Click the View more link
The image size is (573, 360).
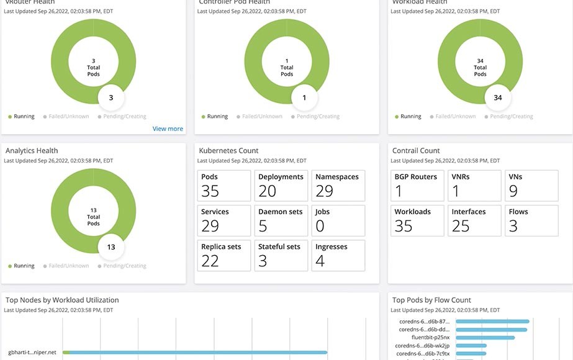click(168, 128)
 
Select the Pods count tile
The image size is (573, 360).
click(224, 185)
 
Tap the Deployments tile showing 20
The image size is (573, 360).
click(281, 185)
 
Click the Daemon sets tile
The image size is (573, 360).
click(281, 220)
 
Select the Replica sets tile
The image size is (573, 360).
click(224, 254)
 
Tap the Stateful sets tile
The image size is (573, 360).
click(281, 254)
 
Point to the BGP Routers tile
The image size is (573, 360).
click(418, 185)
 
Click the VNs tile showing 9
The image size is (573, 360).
click(531, 185)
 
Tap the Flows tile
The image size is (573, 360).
click(531, 220)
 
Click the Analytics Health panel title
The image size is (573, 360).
click(32, 150)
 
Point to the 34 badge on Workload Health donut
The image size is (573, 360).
click(498, 97)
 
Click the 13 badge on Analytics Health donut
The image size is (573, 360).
click(111, 246)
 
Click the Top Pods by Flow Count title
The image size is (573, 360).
click(431, 300)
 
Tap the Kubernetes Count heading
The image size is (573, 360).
click(228, 150)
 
